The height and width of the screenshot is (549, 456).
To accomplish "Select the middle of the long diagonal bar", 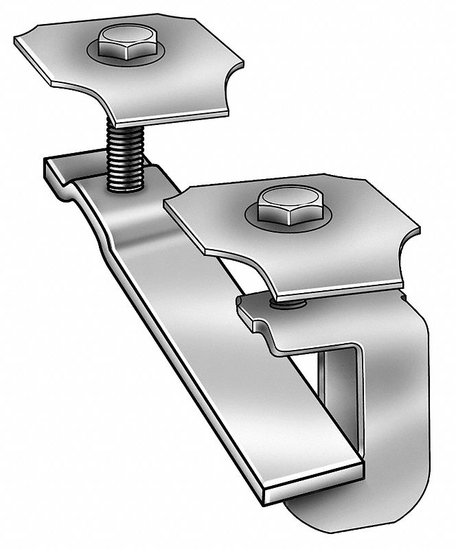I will pos(206,329).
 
